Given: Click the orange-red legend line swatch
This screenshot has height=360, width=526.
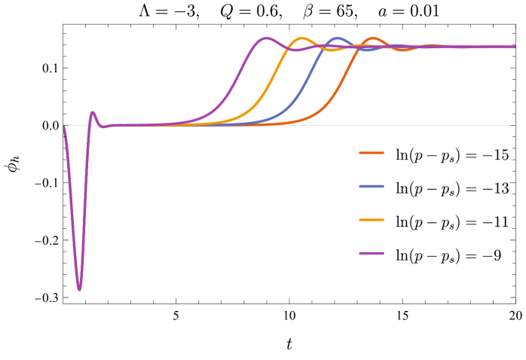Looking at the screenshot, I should coord(372,153).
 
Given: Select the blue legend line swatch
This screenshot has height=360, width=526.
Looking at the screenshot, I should coord(372,186).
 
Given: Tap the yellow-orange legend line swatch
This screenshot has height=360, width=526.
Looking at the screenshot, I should coord(372,220).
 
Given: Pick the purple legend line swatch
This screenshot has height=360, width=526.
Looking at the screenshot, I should coord(372,253).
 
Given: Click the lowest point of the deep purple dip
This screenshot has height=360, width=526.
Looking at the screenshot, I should coord(79,289).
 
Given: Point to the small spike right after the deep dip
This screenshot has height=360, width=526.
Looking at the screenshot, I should coord(93,113).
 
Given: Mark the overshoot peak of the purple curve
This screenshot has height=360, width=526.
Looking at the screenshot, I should coord(265,38).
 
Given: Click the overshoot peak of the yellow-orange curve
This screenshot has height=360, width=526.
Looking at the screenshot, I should coord(302,38).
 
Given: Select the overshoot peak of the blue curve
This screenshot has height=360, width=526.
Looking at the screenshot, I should coord(338,38).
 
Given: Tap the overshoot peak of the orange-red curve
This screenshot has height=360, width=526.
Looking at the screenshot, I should coord(373,38).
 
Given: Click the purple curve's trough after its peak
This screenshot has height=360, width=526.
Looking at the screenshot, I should coord(297,50).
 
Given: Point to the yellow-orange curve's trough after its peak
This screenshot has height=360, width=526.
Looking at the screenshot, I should coord(332,50).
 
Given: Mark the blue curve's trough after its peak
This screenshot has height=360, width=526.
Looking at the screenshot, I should coord(368,50).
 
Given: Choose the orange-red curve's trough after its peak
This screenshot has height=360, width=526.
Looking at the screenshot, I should coord(404,50).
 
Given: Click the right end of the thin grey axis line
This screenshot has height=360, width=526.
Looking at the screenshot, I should coord(509,125).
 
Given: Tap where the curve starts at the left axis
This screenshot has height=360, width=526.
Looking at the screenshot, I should coord(65,126).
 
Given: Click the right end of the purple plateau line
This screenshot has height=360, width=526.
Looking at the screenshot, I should coord(514,47).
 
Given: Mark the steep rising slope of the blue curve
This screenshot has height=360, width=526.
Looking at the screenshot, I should coord(311,75).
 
